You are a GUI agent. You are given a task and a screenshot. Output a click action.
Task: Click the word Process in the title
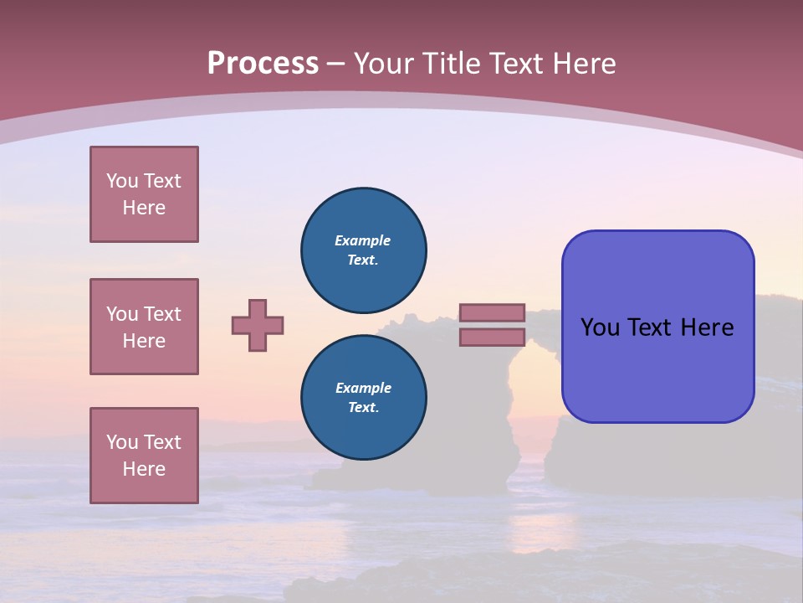[263, 64]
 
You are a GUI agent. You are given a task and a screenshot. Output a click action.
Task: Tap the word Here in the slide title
[581, 64]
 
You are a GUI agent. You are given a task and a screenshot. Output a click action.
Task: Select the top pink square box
[144, 194]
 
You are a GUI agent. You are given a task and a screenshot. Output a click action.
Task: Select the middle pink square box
[144, 327]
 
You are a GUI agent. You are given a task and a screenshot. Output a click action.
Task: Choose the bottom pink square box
[144, 456]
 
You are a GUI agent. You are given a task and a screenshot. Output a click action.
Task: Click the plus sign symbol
[258, 325]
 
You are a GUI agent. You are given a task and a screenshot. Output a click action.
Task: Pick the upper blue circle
[364, 250]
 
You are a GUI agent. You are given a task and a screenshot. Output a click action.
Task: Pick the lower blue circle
[364, 398]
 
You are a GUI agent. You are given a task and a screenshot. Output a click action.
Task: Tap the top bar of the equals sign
[492, 312]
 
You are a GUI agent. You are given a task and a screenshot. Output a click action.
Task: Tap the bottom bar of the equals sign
[492, 338]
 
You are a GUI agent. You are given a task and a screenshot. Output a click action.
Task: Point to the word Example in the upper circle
[363, 240]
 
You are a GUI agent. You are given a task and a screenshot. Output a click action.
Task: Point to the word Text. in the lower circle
[363, 408]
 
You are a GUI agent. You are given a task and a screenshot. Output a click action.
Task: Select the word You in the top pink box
[121, 181]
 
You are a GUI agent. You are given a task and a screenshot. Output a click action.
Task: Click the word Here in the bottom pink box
[144, 469]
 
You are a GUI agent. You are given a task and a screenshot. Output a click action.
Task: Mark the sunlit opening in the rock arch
[529, 394]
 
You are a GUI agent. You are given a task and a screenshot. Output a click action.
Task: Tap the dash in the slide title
[335, 64]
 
